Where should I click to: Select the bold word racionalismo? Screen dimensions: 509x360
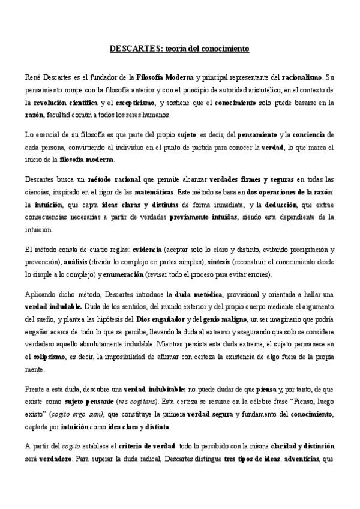tap(302, 77)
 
